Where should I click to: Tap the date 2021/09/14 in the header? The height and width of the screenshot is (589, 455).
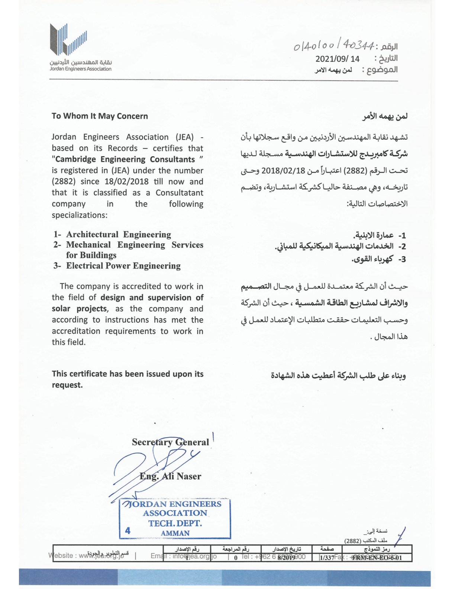337,59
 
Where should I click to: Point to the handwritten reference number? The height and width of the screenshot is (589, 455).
333,46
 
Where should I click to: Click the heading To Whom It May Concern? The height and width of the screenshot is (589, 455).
100,116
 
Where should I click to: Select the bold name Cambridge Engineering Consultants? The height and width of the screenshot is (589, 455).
125,159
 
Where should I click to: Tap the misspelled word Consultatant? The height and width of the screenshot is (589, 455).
179,193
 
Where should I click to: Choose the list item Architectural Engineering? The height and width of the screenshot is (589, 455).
119,234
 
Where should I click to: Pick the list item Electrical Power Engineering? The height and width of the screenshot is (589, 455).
123,265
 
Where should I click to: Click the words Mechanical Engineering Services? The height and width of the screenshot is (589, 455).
135,245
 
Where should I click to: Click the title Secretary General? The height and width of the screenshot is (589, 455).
170,442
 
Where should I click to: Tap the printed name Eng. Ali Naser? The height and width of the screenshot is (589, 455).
170,476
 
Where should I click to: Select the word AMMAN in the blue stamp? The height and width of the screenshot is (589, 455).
175,533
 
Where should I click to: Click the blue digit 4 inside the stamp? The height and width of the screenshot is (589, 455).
128,531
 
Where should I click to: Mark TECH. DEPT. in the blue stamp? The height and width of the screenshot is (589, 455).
175,523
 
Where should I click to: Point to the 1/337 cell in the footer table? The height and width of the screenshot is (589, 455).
327,558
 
